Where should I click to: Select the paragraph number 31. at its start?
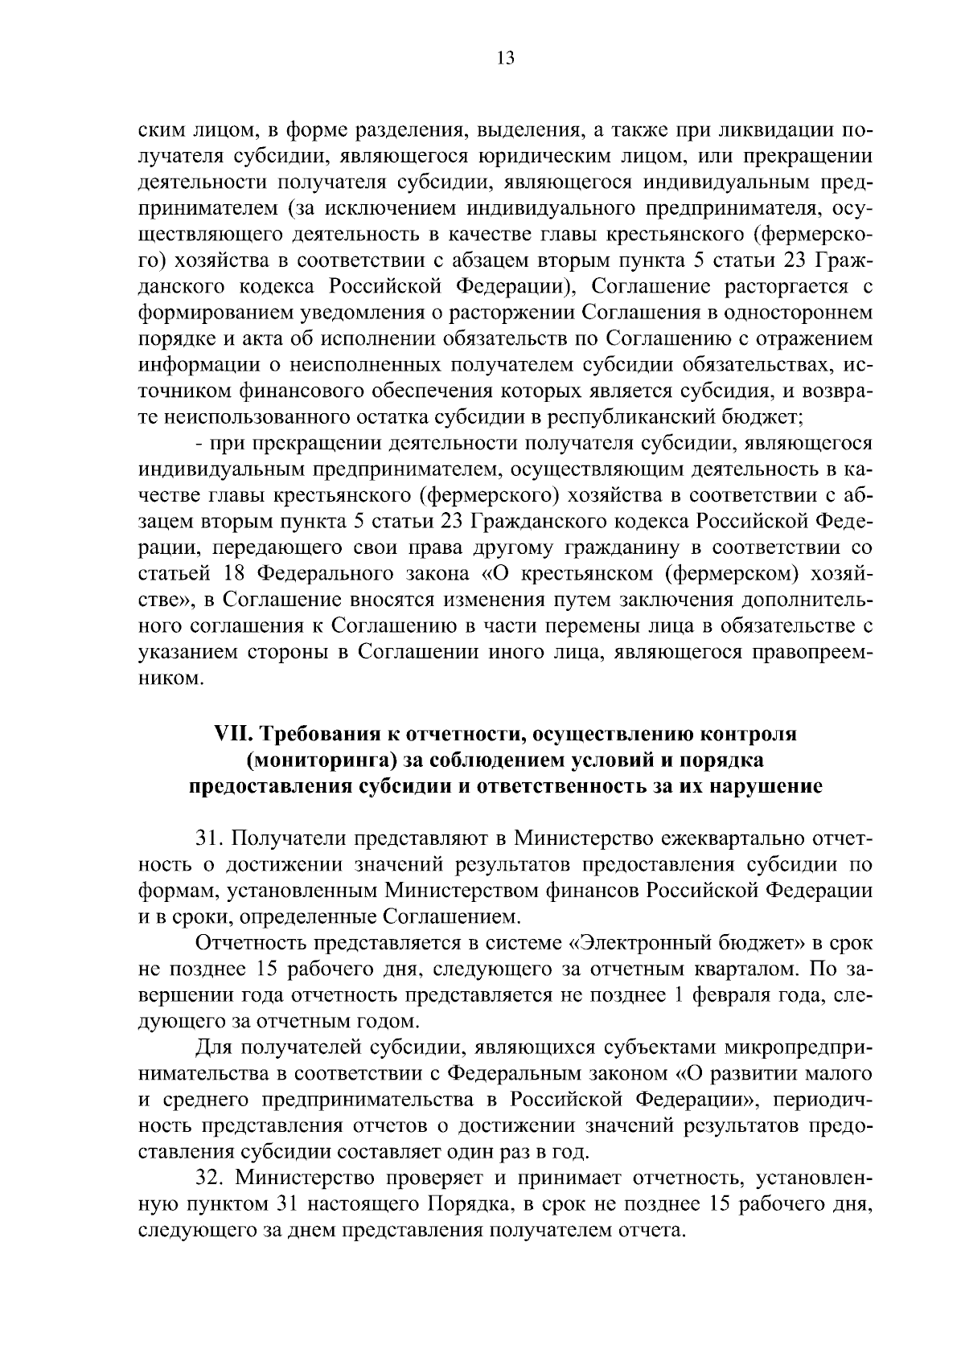click(211, 838)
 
